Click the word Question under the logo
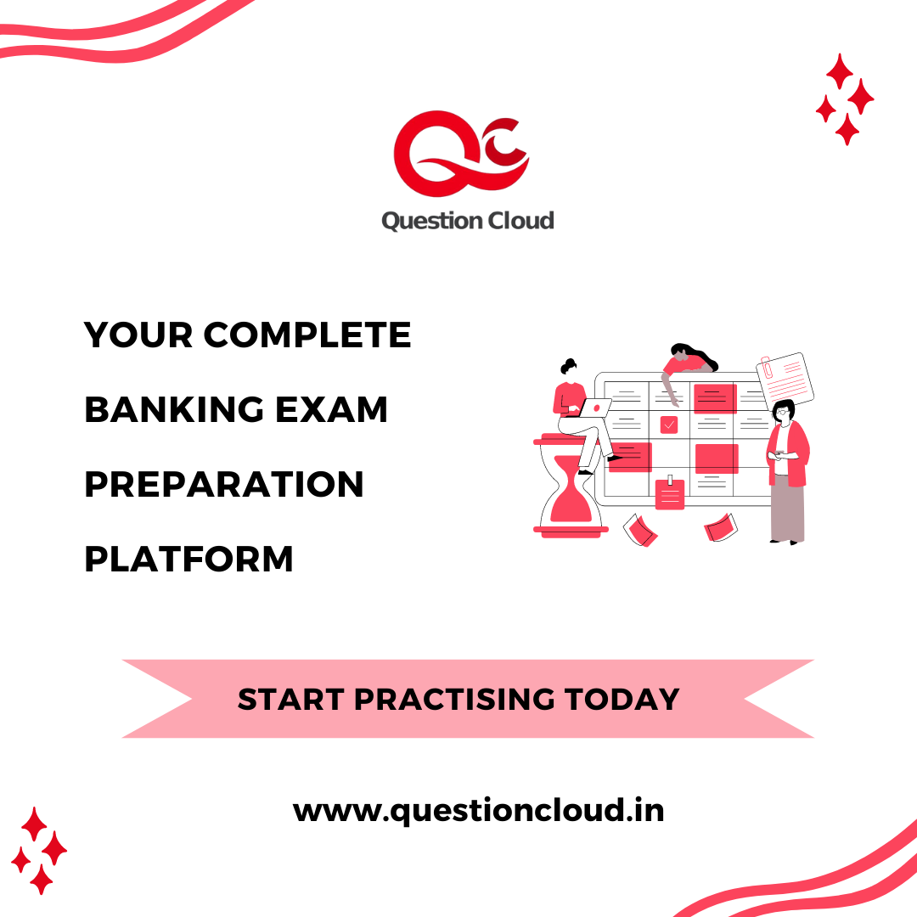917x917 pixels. (423, 221)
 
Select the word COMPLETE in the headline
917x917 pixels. (307, 335)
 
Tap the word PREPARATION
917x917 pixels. (224, 485)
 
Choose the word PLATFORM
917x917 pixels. (188, 560)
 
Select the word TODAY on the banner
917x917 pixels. (622, 700)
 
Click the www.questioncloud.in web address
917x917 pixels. (478, 810)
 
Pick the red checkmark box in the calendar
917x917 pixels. (669, 425)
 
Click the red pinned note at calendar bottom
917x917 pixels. (670, 494)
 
